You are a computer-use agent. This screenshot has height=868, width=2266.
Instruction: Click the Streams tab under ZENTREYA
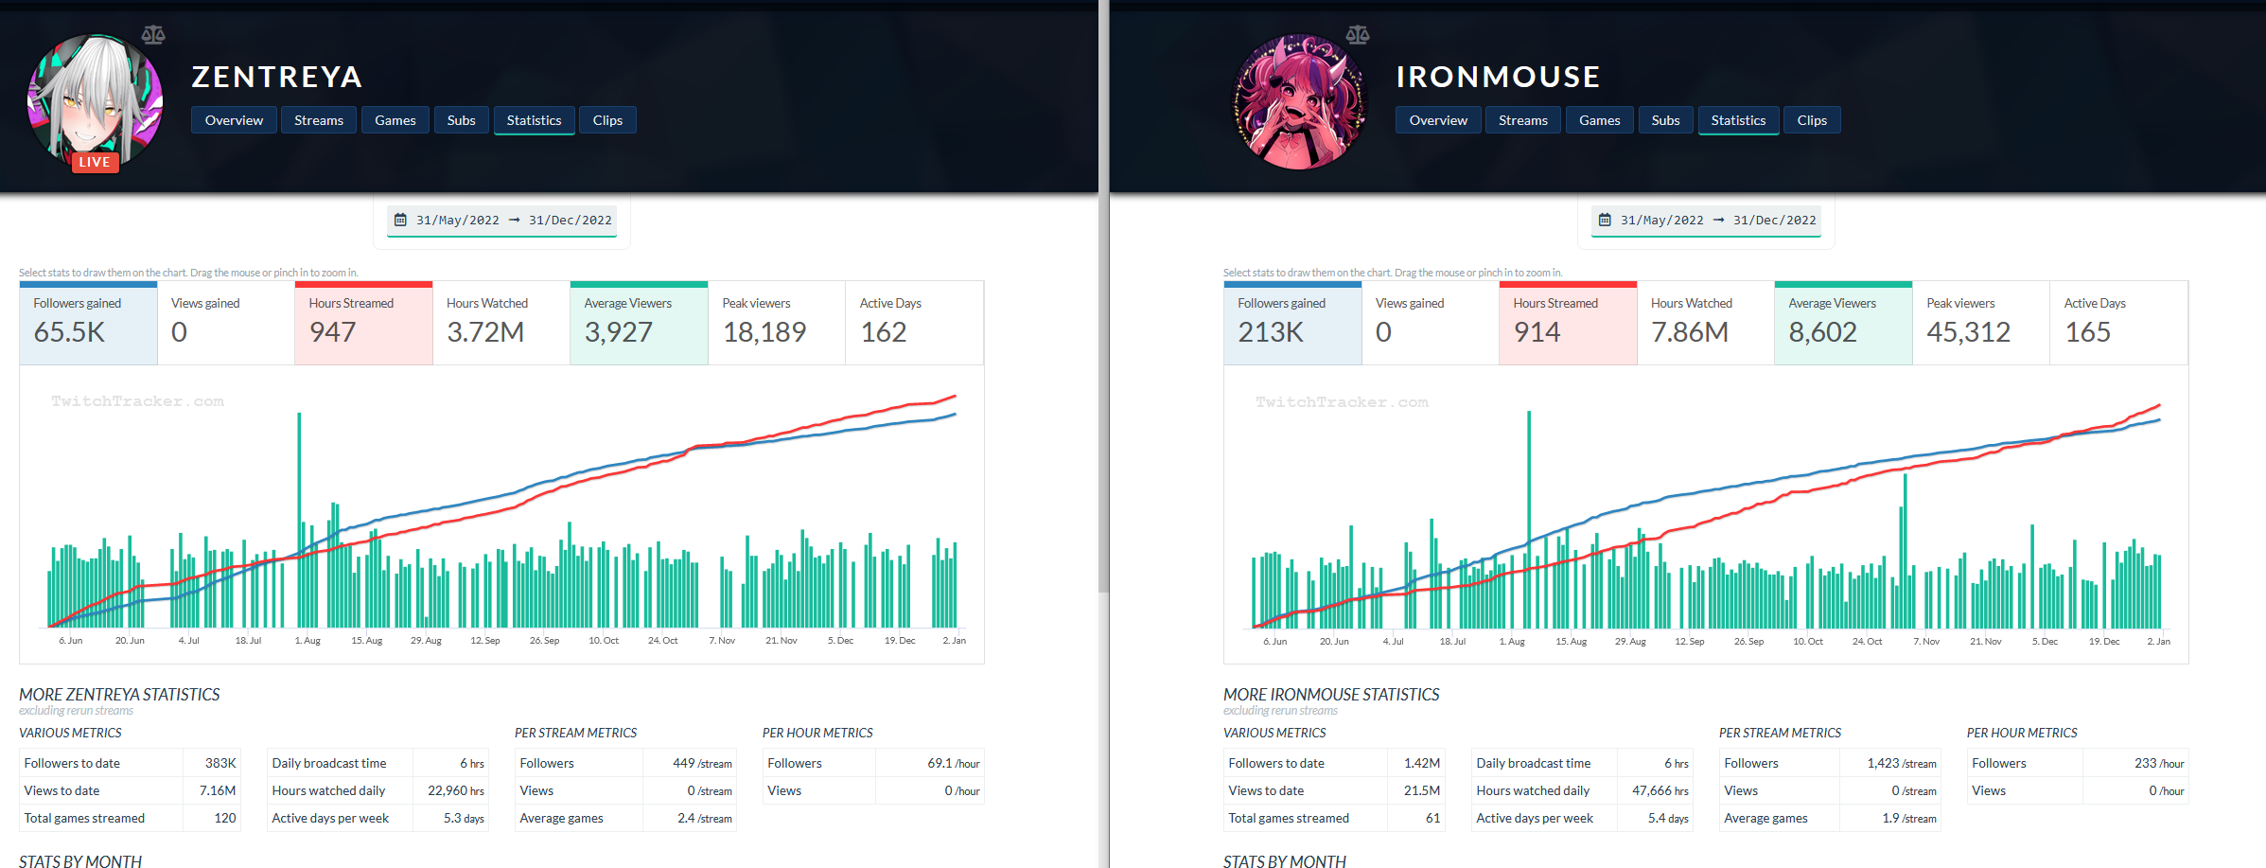coord(318,120)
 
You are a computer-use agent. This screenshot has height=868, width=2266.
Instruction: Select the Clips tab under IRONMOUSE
coord(1811,120)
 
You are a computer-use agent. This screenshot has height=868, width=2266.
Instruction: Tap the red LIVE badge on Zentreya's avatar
coord(95,162)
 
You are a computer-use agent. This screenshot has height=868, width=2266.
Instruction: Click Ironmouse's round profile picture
coord(1299,101)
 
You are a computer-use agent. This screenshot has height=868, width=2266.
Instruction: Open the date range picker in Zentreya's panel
coord(502,221)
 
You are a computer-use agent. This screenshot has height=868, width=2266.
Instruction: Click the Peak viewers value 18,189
coord(764,332)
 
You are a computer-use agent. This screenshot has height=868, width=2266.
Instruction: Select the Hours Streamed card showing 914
coord(1567,323)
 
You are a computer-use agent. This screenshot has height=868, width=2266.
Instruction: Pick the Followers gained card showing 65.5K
coord(88,323)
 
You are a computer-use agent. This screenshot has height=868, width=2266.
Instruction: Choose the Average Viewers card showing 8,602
coord(1842,323)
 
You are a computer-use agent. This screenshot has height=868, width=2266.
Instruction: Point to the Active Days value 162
coord(884,332)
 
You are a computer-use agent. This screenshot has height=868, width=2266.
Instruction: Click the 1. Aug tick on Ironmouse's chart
coord(1512,642)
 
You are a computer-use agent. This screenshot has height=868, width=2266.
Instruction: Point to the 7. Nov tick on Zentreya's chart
coord(722,641)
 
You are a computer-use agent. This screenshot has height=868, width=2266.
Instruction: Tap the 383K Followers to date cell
coord(220,763)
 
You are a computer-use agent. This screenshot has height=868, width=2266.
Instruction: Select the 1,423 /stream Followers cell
coord(1901,763)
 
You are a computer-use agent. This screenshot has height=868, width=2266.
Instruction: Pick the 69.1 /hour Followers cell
coord(953,763)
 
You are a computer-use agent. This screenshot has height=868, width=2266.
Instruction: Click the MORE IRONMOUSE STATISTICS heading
coord(1330,695)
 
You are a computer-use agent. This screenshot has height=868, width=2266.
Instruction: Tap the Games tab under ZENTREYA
coord(395,120)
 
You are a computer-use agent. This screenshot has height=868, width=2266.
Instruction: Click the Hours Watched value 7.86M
coord(1690,332)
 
